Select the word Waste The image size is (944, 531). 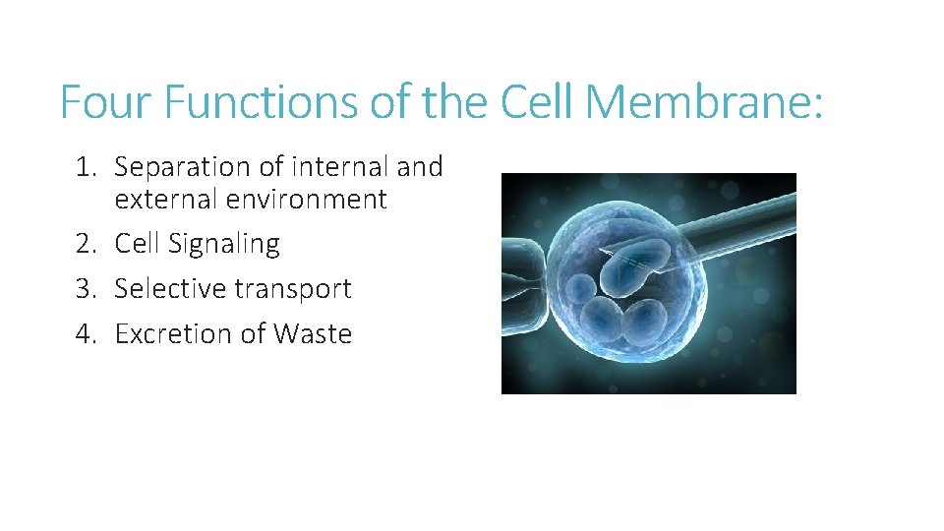[313, 334]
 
